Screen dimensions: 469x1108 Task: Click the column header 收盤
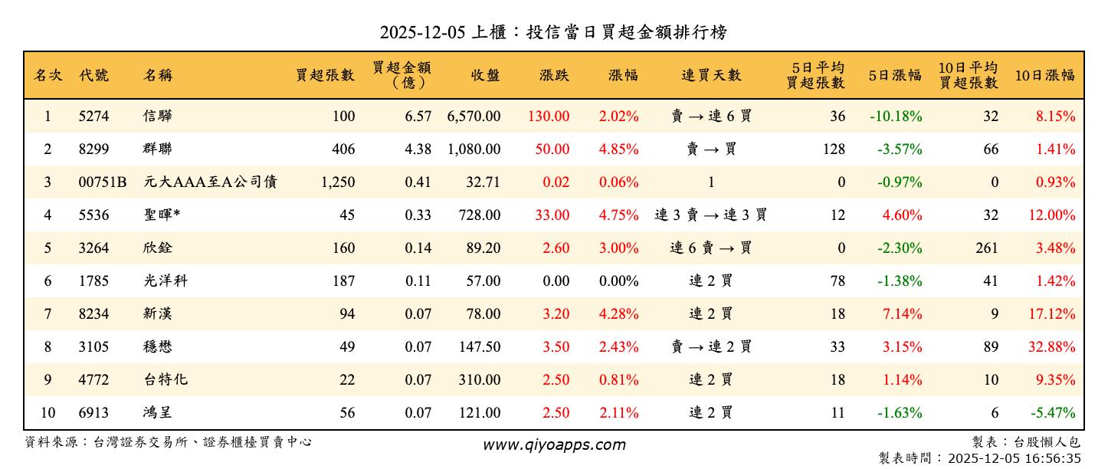coord(486,75)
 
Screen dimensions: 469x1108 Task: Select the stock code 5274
coord(94,116)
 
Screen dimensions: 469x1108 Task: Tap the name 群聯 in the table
coord(157,149)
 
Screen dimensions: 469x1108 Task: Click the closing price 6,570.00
coord(474,116)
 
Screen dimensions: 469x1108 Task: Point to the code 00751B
coord(103,182)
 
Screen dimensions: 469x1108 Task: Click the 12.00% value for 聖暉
coord(1052,215)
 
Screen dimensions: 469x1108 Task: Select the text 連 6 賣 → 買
coord(711,248)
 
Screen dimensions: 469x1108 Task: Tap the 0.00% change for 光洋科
coord(618,281)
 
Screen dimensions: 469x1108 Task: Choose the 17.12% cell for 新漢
coord(1052,314)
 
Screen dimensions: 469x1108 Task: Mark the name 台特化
coord(165,380)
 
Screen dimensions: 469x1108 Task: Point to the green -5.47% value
coord(1054,413)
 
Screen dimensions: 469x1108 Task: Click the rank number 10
coord(48,413)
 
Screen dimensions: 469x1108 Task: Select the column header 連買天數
coord(712,75)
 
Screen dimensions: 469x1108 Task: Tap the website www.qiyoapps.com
coord(554,444)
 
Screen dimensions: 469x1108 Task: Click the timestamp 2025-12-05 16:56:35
coord(1015,458)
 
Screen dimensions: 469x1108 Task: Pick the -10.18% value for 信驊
coord(896,116)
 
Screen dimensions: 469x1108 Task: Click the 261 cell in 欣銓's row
coord(987,248)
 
